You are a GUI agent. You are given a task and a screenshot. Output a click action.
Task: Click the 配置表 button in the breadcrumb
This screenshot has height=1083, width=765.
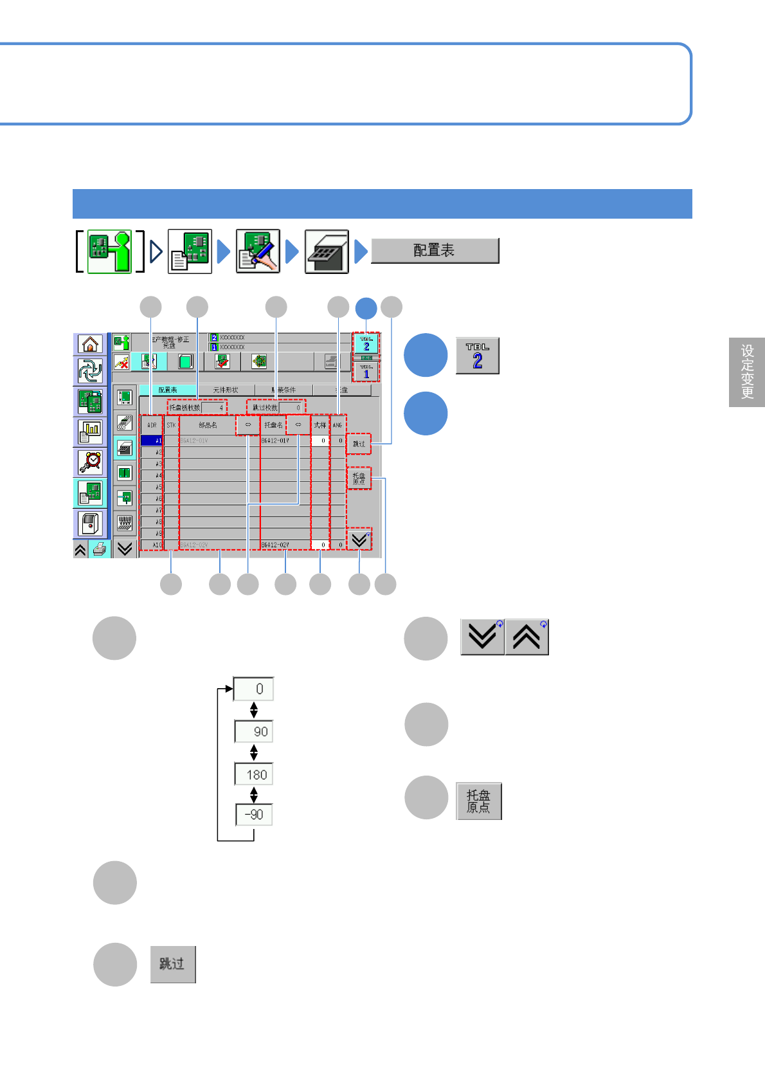click(x=435, y=251)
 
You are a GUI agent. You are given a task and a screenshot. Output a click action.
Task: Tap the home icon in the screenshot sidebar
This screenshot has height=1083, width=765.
click(x=90, y=344)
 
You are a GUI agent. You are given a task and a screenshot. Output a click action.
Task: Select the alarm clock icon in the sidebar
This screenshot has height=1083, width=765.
click(x=90, y=462)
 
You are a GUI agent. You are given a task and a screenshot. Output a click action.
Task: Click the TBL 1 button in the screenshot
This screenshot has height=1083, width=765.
click(x=366, y=372)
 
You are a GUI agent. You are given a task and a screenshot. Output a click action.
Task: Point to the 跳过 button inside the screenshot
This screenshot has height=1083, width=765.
click(x=359, y=444)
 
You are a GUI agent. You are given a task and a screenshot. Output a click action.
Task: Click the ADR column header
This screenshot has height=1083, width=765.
click(x=152, y=425)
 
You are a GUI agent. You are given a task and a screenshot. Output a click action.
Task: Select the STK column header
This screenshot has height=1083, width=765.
click(x=171, y=425)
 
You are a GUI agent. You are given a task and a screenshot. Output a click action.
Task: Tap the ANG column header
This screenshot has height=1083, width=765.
click(x=337, y=425)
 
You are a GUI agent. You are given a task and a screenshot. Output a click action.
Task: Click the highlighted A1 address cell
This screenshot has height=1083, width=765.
click(x=152, y=441)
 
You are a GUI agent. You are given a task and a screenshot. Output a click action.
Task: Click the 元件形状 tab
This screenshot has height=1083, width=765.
click(x=226, y=390)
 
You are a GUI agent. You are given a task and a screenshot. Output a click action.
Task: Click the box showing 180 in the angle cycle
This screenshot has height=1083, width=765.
click(x=255, y=774)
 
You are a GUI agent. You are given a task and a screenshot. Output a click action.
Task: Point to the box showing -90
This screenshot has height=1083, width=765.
click(x=255, y=814)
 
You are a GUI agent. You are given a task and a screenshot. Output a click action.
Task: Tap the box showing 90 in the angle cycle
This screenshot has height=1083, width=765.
click(x=255, y=732)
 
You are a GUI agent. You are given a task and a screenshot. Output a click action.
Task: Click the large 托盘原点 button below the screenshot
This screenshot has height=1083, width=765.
click(x=478, y=801)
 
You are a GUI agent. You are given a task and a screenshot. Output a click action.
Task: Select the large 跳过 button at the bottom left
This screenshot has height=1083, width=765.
click(x=172, y=964)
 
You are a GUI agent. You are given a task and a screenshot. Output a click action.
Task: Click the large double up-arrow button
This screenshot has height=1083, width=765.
click(x=526, y=637)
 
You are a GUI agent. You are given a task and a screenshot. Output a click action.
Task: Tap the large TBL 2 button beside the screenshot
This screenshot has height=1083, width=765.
click(x=478, y=356)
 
